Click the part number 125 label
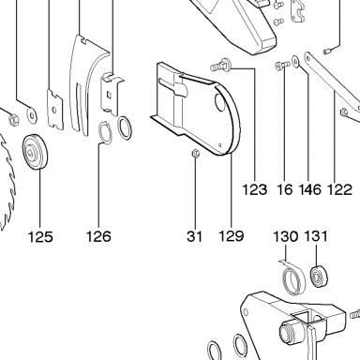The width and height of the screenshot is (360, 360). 40,236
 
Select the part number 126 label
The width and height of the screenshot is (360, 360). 98,236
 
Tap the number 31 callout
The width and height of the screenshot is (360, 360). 195,236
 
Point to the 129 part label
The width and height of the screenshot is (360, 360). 231,236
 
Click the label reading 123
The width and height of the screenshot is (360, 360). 255,189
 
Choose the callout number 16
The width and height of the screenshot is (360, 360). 285,189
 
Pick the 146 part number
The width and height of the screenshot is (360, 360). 310,189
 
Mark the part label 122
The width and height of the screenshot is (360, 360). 339,189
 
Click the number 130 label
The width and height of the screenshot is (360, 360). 286,236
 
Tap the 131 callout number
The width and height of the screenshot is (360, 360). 316,236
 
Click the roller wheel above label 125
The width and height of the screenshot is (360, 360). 36,151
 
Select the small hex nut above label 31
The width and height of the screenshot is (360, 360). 196,153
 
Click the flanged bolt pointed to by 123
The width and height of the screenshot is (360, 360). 220,64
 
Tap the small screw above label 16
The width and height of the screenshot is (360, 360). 282,65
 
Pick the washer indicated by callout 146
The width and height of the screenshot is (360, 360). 295,61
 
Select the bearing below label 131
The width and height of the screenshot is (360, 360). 318,277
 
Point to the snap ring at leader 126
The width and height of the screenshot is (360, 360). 106,133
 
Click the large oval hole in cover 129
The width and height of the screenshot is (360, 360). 220,102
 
